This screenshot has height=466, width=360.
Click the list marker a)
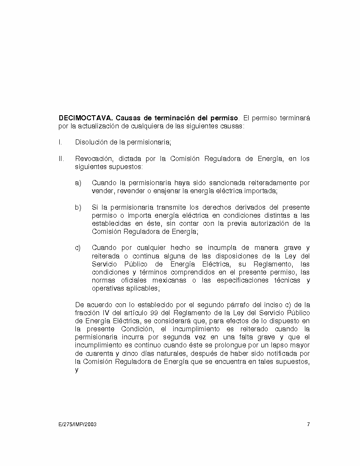[78, 183]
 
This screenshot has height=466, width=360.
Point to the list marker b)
[78, 207]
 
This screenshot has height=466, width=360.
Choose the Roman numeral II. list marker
[61, 159]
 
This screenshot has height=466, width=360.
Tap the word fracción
[88, 313]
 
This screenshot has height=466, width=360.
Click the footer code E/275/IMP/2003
[78, 424]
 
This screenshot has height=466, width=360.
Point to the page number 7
[308, 424]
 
